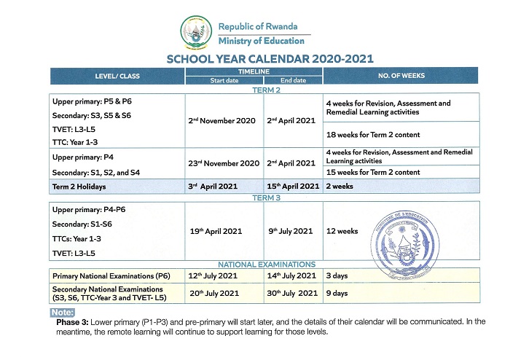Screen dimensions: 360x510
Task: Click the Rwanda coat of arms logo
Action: (195, 32)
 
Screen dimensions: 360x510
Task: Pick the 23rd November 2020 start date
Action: (224, 163)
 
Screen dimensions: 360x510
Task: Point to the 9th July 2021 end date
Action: (289, 231)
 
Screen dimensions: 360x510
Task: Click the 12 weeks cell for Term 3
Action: (342, 231)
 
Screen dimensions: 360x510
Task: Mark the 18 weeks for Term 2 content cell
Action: (373, 135)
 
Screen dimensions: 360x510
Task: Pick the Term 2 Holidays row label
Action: (79, 187)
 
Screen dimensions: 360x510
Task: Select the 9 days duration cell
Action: (337, 293)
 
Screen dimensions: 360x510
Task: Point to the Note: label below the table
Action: (63, 313)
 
